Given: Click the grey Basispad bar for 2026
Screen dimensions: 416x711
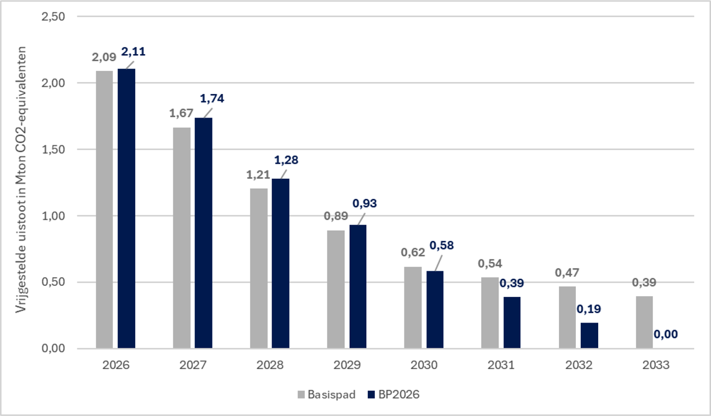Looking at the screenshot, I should [x=105, y=210].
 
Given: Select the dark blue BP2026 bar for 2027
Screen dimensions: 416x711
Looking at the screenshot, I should [x=204, y=233].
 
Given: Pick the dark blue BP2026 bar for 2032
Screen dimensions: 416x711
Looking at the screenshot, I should [x=589, y=336].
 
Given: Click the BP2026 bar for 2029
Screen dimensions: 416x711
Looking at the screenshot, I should [x=358, y=287].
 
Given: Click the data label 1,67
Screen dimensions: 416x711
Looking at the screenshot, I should [x=182, y=113].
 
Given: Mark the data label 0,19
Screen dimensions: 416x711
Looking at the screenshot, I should [x=588, y=309].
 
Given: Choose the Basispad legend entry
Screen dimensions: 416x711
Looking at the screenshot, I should [x=327, y=395].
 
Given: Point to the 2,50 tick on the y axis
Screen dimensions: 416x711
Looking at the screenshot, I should [x=54, y=16].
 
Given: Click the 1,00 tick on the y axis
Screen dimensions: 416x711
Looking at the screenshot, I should [x=54, y=216].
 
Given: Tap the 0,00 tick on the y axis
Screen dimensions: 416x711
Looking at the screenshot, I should [x=54, y=349].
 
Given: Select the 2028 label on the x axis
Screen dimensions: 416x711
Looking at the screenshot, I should [x=269, y=365].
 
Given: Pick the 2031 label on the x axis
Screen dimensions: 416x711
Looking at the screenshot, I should [x=501, y=365].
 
